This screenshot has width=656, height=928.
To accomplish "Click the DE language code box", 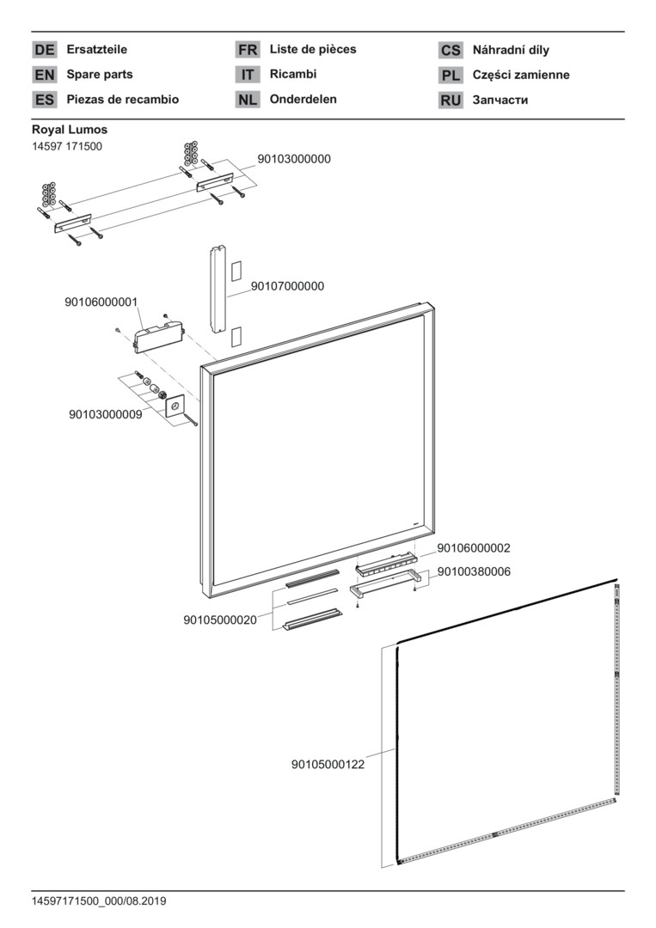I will [x=44, y=51].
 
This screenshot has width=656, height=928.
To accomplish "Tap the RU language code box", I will [x=451, y=101].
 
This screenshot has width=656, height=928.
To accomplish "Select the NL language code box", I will [x=248, y=100].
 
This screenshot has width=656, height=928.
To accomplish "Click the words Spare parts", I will [x=100, y=75].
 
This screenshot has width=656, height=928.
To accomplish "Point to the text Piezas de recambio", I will [x=123, y=100].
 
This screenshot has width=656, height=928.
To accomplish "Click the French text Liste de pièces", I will [x=313, y=50].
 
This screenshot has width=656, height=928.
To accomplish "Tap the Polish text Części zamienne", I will [x=521, y=75].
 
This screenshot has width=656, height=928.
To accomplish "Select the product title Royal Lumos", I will [x=70, y=130].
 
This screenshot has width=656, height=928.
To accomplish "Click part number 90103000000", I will [x=294, y=160].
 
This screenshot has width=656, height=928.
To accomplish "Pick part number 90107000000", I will [x=287, y=286].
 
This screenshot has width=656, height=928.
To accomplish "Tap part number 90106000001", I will [x=101, y=302].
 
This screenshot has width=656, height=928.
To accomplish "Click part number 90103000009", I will [x=106, y=414].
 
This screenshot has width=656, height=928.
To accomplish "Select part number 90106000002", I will [x=474, y=548].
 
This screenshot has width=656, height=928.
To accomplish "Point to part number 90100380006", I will [x=474, y=571].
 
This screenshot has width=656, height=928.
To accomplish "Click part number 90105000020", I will [x=220, y=620].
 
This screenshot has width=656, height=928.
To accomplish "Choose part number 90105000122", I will [x=328, y=764].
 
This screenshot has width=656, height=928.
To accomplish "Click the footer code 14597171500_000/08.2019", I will [x=99, y=901].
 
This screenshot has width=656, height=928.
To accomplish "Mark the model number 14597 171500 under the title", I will [x=67, y=146].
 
